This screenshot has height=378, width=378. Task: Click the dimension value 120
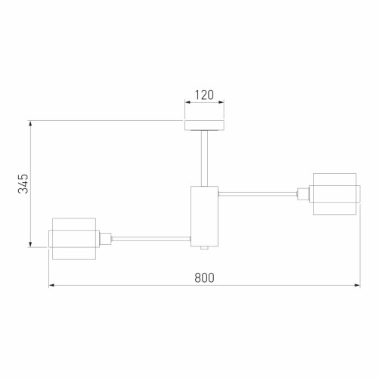(204, 96)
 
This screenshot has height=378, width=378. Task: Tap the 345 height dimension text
(23, 183)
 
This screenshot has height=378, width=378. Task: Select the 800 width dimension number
(204, 277)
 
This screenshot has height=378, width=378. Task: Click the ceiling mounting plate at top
(204, 125)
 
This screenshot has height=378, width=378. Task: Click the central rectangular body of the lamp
(204, 215)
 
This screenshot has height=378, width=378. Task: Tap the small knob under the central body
(204, 247)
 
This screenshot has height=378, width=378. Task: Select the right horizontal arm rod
(257, 194)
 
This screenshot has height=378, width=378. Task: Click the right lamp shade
(333, 194)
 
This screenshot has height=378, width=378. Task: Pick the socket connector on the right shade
(304, 194)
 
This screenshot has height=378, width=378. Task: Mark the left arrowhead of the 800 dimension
(52, 286)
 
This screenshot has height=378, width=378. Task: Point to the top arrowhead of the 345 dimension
(30, 122)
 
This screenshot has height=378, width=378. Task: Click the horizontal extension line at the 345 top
(106, 119)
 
